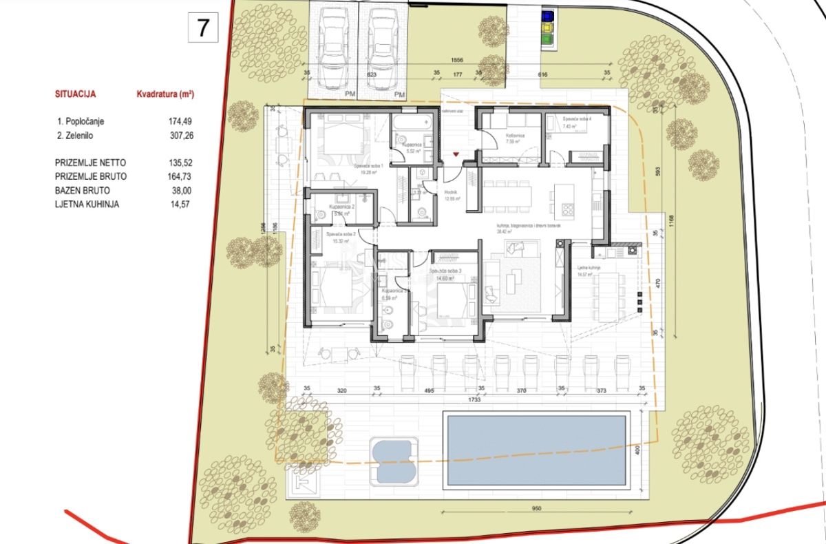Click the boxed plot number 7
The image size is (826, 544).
pyautogui.click(x=203, y=28)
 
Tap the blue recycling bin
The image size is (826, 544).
pyautogui.click(x=547, y=14)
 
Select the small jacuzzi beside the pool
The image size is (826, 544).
pyautogui.click(x=394, y=459)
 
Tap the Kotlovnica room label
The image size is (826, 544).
pyautogui.click(x=516, y=136)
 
